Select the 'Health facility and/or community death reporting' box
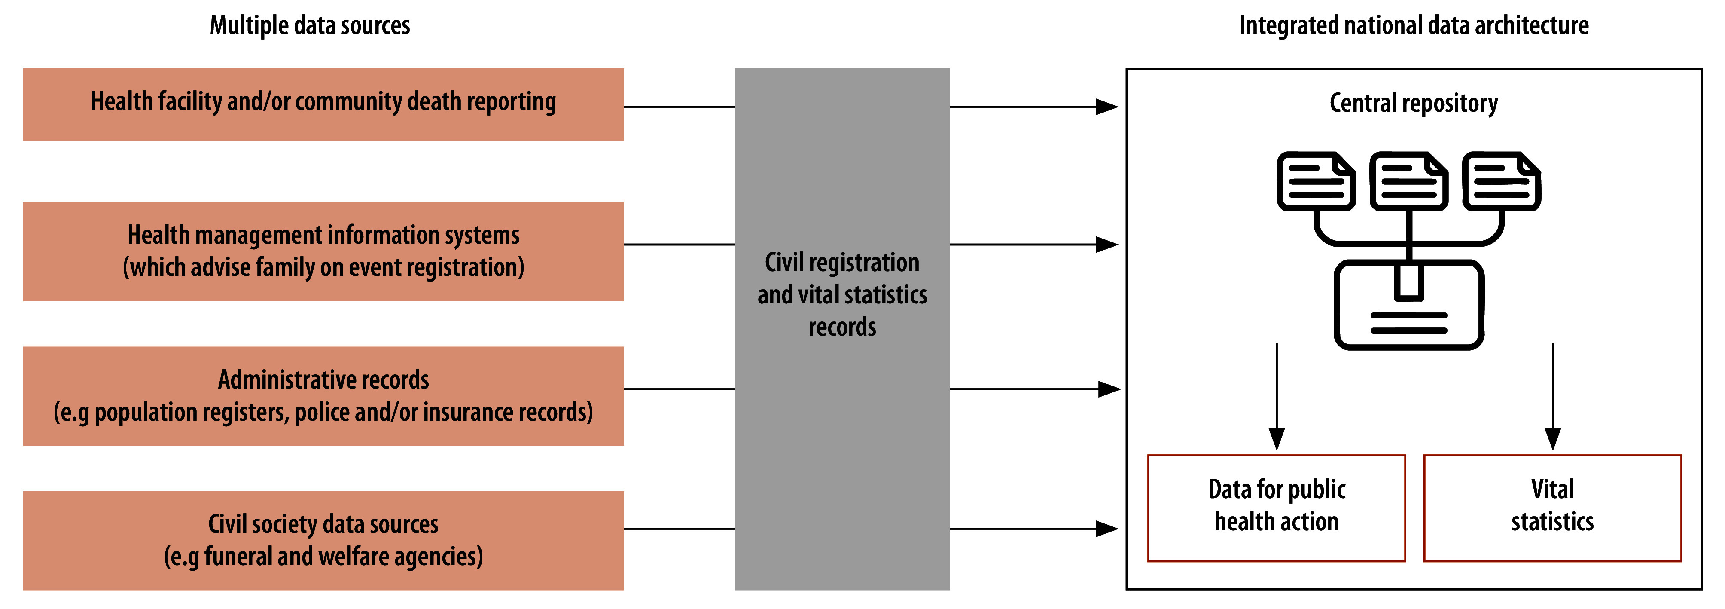(x=323, y=104)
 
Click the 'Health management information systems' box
(x=323, y=251)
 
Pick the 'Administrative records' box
(x=323, y=395)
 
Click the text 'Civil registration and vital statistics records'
(x=842, y=295)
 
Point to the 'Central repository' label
(x=1413, y=103)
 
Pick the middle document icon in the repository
(x=1409, y=181)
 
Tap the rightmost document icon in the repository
(x=1501, y=181)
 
